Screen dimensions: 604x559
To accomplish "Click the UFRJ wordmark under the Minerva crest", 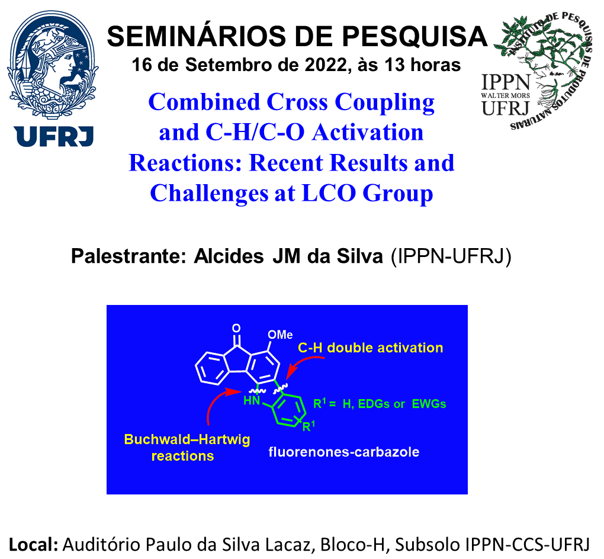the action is click(x=53, y=136).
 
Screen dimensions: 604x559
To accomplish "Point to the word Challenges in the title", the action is click(x=209, y=194).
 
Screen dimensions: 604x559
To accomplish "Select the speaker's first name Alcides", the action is click(x=229, y=256).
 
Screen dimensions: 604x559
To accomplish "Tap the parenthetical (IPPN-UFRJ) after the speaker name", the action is click(x=451, y=256).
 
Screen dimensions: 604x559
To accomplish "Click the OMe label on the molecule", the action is click(x=280, y=335).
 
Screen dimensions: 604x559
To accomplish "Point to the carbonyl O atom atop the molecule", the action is click(x=236, y=328).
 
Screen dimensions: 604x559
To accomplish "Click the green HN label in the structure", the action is click(x=252, y=401).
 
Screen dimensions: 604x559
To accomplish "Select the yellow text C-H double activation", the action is click(x=371, y=348).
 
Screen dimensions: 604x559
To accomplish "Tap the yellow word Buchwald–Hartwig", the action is click(x=187, y=439).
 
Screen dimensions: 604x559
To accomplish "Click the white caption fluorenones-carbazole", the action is click(x=344, y=451).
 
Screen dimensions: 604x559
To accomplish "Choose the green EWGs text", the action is click(x=429, y=404).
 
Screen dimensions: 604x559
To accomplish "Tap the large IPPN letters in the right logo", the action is click(x=506, y=82).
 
